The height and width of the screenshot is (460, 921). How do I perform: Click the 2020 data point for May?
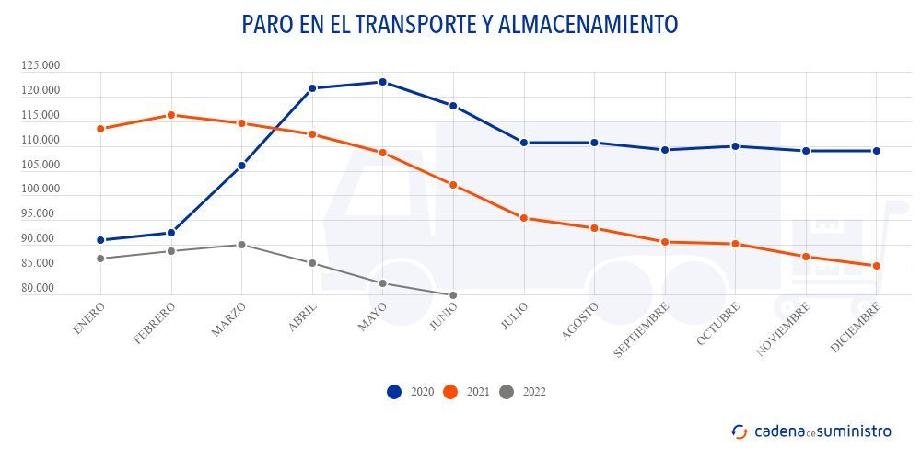tap(383, 82)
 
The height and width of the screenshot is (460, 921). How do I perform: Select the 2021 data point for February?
tap(170, 115)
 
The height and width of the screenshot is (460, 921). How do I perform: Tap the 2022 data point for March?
tap(241, 245)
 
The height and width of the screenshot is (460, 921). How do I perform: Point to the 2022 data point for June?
tap(453, 295)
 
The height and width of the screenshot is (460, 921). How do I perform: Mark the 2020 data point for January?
tap(99, 240)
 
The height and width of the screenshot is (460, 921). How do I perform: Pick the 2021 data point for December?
tap(877, 266)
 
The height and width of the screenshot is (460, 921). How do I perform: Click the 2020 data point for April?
tap(312, 88)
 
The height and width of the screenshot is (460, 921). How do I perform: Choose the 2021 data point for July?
tap(524, 218)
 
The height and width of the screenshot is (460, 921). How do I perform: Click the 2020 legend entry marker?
tap(394, 392)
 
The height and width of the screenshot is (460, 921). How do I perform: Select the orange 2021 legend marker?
tap(450, 392)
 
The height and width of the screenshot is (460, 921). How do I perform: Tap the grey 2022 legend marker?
tap(506, 392)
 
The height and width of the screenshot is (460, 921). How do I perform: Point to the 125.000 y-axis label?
tap(41, 65)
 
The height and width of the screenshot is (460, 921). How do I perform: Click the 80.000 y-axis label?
tap(42, 289)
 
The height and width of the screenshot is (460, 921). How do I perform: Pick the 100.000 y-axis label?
tap(41, 190)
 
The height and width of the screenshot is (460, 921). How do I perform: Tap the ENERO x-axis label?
tap(88, 316)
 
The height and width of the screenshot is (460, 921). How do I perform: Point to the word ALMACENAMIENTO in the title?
tap(589, 25)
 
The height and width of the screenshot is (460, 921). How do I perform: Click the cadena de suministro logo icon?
tap(739, 431)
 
